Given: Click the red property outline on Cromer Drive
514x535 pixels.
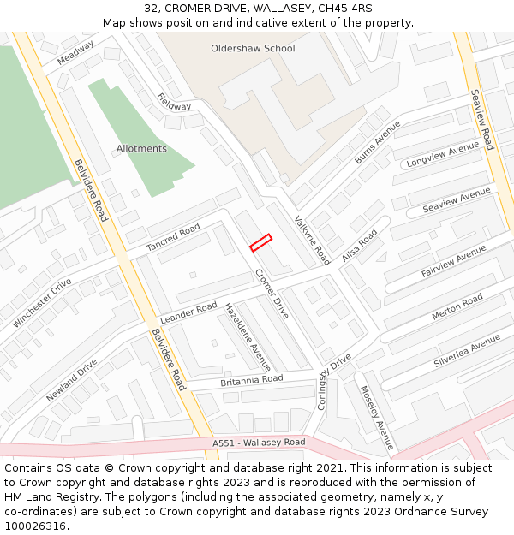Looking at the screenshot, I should click(x=260, y=242).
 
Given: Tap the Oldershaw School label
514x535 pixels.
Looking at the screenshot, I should click(x=253, y=49).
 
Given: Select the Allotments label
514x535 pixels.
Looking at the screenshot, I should click(x=141, y=149).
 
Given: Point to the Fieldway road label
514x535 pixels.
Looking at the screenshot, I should click(x=175, y=101).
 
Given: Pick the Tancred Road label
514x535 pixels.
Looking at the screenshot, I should click(x=173, y=238).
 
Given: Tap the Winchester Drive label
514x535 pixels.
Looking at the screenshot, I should click(x=42, y=302).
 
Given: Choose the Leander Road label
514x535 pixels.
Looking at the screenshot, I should click(x=188, y=312).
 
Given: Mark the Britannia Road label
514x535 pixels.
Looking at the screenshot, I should click(x=252, y=379).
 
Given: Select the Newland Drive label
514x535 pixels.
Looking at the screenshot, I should click(x=72, y=380).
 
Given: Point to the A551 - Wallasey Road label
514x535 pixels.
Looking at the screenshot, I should click(x=259, y=443).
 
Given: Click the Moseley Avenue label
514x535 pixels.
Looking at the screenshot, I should click(x=376, y=417).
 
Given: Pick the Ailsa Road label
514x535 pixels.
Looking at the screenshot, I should click(x=359, y=246).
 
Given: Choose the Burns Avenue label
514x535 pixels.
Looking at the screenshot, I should click(x=377, y=142).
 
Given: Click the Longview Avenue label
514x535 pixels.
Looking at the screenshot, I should click(x=443, y=155).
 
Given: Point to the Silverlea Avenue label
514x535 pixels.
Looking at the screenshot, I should click(x=467, y=351).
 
